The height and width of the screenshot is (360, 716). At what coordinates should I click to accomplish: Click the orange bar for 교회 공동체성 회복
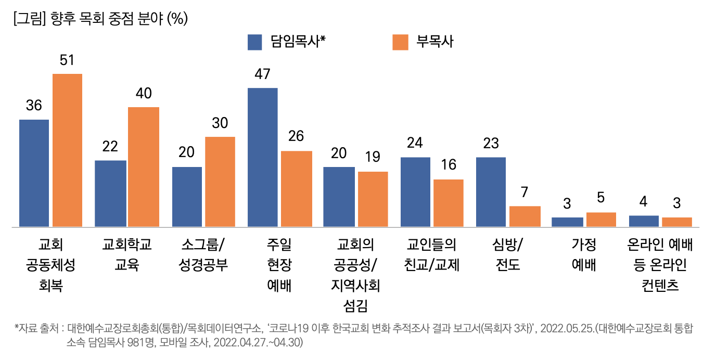point(67,150)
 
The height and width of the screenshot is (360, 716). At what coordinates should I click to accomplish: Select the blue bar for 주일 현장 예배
point(262,157)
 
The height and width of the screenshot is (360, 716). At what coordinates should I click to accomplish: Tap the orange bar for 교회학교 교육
point(144,167)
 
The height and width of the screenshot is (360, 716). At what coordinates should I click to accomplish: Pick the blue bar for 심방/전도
point(491,192)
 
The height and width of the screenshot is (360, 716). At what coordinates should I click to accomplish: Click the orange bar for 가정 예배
point(601,220)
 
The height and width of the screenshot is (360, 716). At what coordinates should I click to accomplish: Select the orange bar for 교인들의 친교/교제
point(448,203)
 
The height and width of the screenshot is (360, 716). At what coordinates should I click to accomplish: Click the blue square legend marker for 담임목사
point(254,42)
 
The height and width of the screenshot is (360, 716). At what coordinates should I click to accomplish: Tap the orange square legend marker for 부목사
point(400,42)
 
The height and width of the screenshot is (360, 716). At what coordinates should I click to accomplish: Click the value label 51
point(67,61)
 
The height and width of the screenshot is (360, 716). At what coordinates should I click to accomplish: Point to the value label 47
point(262,74)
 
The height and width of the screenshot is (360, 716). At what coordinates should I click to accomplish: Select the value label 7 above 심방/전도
point(525,192)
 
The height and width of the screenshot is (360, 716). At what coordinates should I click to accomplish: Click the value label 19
point(373,157)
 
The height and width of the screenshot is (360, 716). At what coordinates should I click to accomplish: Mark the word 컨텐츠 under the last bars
point(660,286)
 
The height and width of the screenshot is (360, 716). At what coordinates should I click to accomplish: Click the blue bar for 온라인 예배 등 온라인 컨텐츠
point(644,221)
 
